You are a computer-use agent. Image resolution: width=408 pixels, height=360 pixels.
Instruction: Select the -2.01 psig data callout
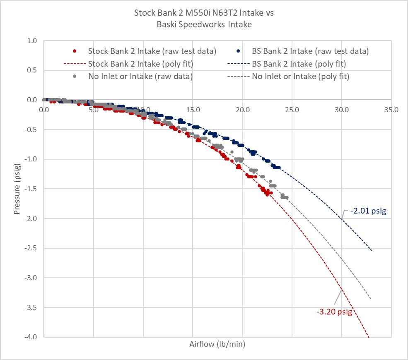point(368,211)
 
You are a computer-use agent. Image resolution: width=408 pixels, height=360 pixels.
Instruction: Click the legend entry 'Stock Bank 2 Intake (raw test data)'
point(145,51)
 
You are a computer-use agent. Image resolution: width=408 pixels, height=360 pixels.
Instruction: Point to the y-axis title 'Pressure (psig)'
point(17,189)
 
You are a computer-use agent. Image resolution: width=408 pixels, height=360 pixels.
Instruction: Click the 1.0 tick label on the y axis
point(32,41)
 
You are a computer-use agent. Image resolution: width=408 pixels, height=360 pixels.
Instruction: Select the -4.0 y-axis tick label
point(31,337)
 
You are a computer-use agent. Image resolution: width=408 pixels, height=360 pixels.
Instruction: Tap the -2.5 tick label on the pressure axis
point(31,248)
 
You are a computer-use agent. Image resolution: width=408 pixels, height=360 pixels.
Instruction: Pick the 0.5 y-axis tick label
point(32,70)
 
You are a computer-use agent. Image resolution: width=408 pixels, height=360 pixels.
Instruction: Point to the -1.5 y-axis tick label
point(31,189)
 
